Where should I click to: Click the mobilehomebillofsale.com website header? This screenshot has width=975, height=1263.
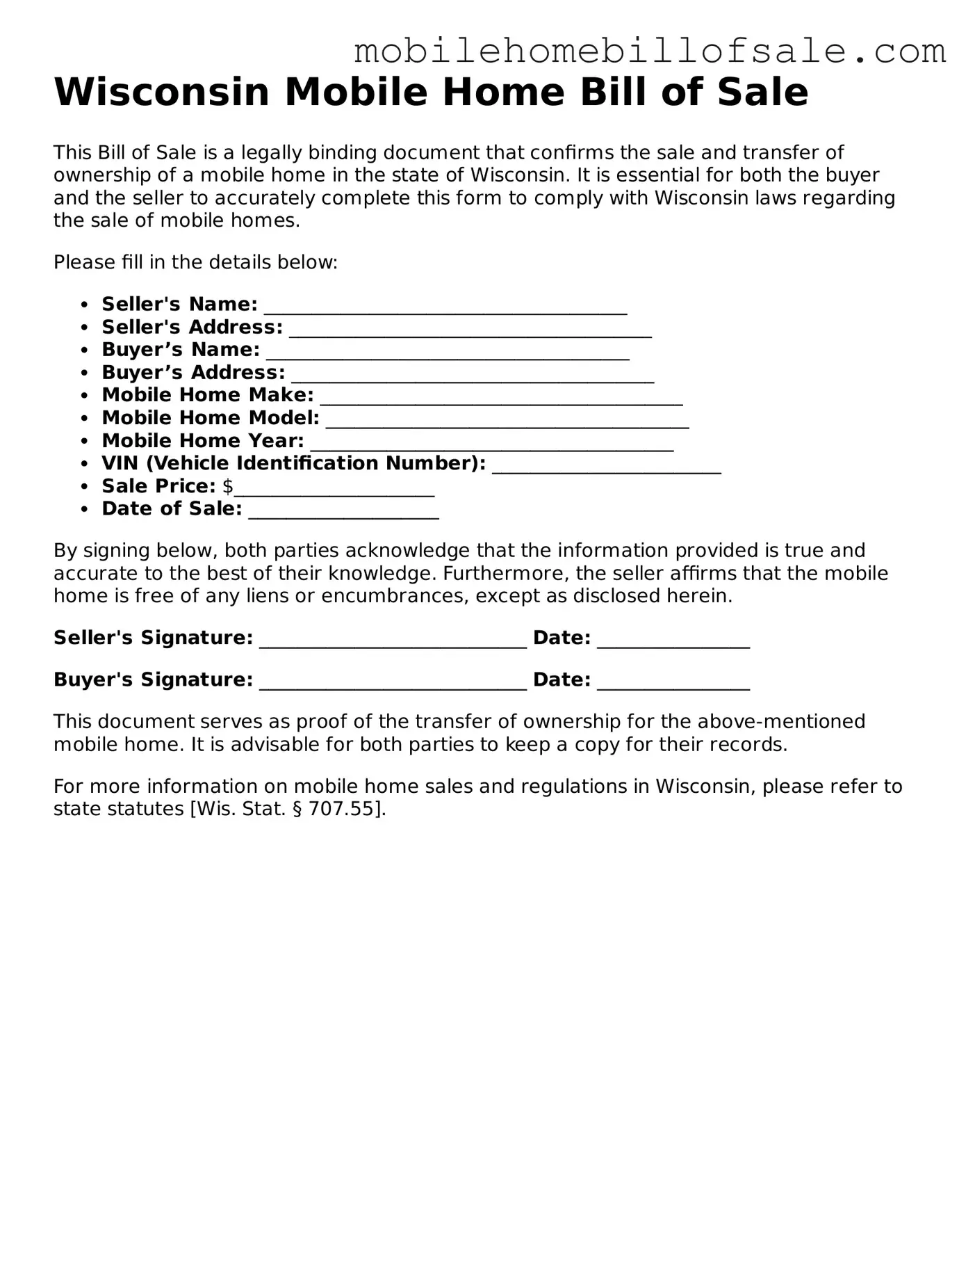(x=650, y=51)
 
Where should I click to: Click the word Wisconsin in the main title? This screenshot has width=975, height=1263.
(x=161, y=92)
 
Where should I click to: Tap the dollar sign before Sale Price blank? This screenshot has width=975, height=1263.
(x=228, y=486)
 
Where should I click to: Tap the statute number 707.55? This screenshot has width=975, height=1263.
(x=341, y=809)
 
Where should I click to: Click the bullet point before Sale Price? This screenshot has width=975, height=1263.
(x=85, y=487)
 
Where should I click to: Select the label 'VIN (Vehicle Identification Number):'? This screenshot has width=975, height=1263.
(x=293, y=463)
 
